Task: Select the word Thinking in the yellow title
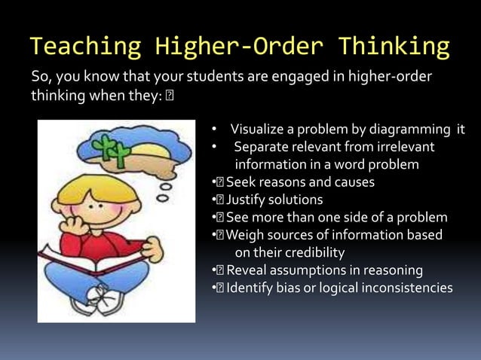click(x=394, y=47)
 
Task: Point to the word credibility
click(x=309, y=252)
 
